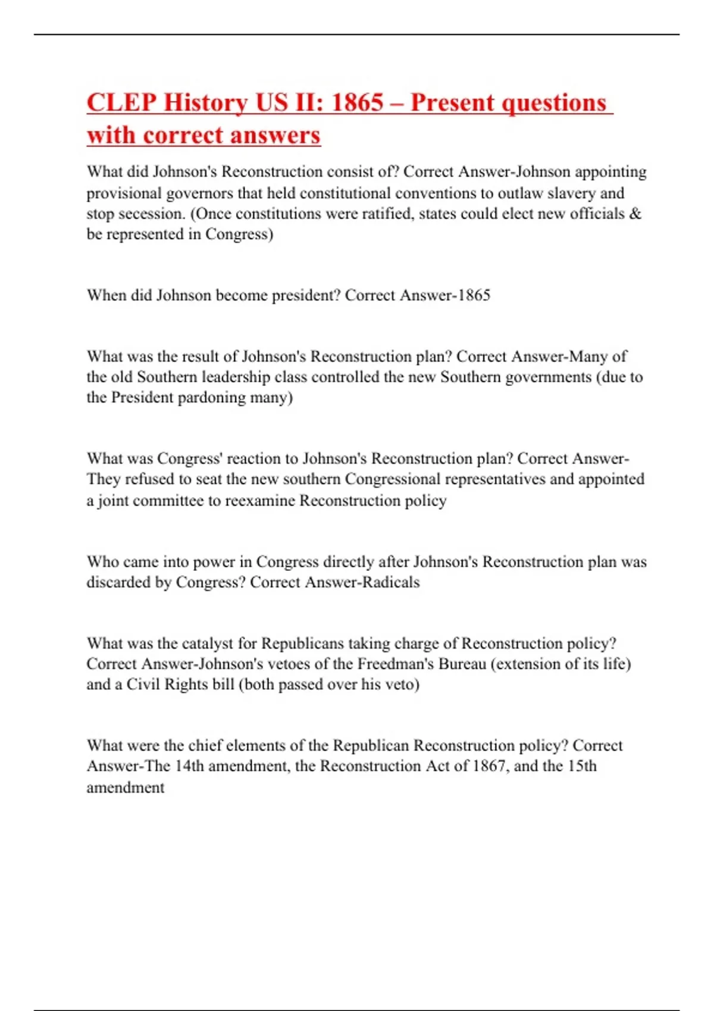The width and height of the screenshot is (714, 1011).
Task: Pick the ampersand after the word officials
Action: click(x=635, y=213)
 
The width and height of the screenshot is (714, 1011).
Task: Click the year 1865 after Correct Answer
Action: click(x=474, y=296)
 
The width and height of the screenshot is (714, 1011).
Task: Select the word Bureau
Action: click(x=462, y=664)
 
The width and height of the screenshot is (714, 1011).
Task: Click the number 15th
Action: click(x=582, y=766)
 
